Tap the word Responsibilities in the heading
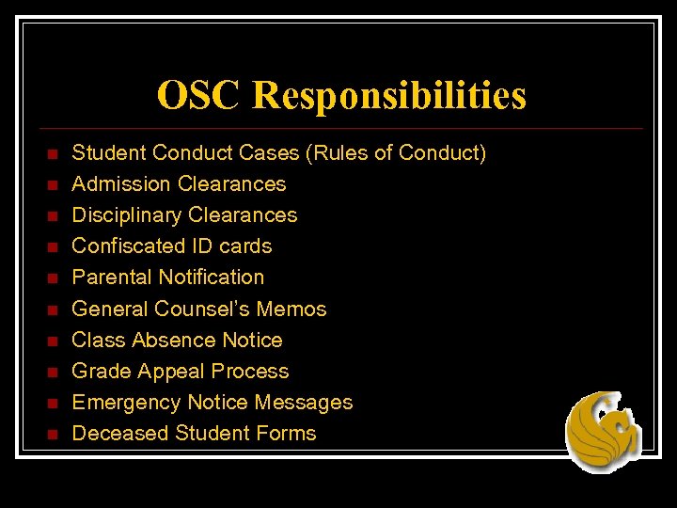point(389,96)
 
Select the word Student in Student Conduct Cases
point(108,152)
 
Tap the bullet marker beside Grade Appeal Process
point(53,372)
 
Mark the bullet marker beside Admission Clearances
point(53,184)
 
